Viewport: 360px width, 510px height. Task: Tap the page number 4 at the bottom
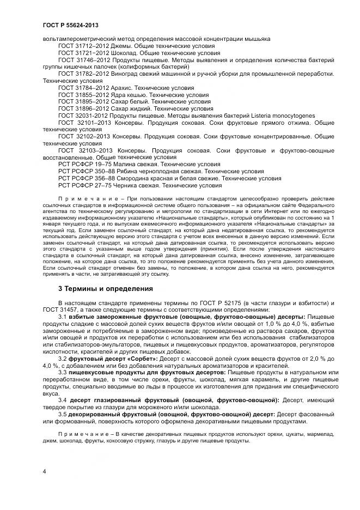(x=44, y=470)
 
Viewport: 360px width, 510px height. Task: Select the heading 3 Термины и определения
(x=106, y=288)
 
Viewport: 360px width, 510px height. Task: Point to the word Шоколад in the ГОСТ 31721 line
(x=123, y=53)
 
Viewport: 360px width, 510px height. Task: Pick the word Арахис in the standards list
(x=123, y=87)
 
